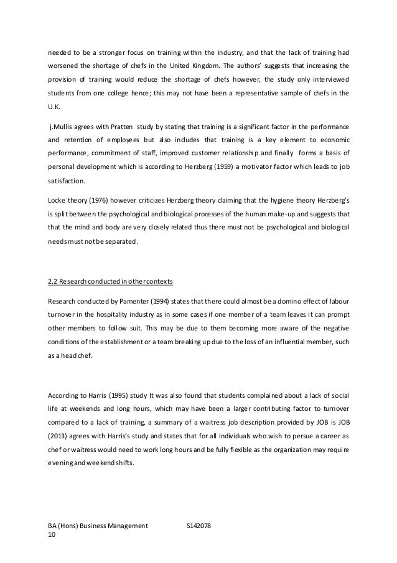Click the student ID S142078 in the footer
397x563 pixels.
(x=199, y=527)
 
